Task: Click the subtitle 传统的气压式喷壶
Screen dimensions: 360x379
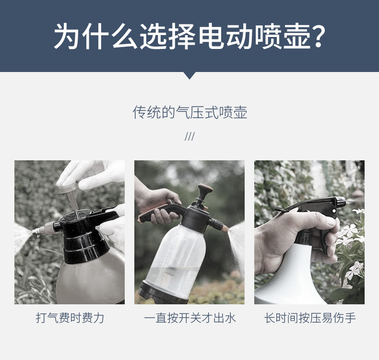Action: point(189,112)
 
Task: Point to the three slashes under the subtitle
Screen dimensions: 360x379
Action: point(189,137)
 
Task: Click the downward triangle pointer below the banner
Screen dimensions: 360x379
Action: point(189,75)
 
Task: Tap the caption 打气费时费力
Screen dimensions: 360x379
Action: point(70,318)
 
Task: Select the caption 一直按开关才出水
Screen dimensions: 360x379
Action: point(189,318)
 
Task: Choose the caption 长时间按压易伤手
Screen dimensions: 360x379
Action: point(309,318)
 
